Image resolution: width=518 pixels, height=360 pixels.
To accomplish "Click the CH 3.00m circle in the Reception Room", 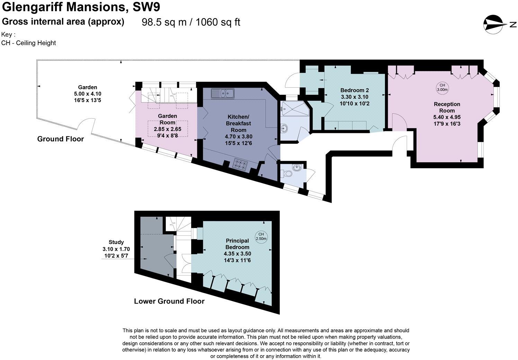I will [442, 87].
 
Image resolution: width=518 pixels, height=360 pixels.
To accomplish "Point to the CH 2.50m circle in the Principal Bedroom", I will [261, 236].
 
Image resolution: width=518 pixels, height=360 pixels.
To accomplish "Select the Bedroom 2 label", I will [354, 91].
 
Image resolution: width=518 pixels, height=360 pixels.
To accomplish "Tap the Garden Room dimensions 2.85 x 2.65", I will [168, 129].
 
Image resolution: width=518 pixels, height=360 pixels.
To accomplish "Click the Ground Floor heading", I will [61, 139].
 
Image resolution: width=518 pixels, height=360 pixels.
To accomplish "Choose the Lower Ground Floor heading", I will [169, 301].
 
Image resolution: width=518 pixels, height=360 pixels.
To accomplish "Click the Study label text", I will [116, 242].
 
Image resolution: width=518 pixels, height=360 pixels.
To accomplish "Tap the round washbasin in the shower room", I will [284, 129].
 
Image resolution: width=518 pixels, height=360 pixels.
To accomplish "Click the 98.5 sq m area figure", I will [164, 22].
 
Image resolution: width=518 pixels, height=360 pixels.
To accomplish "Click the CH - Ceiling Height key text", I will [28, 43].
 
